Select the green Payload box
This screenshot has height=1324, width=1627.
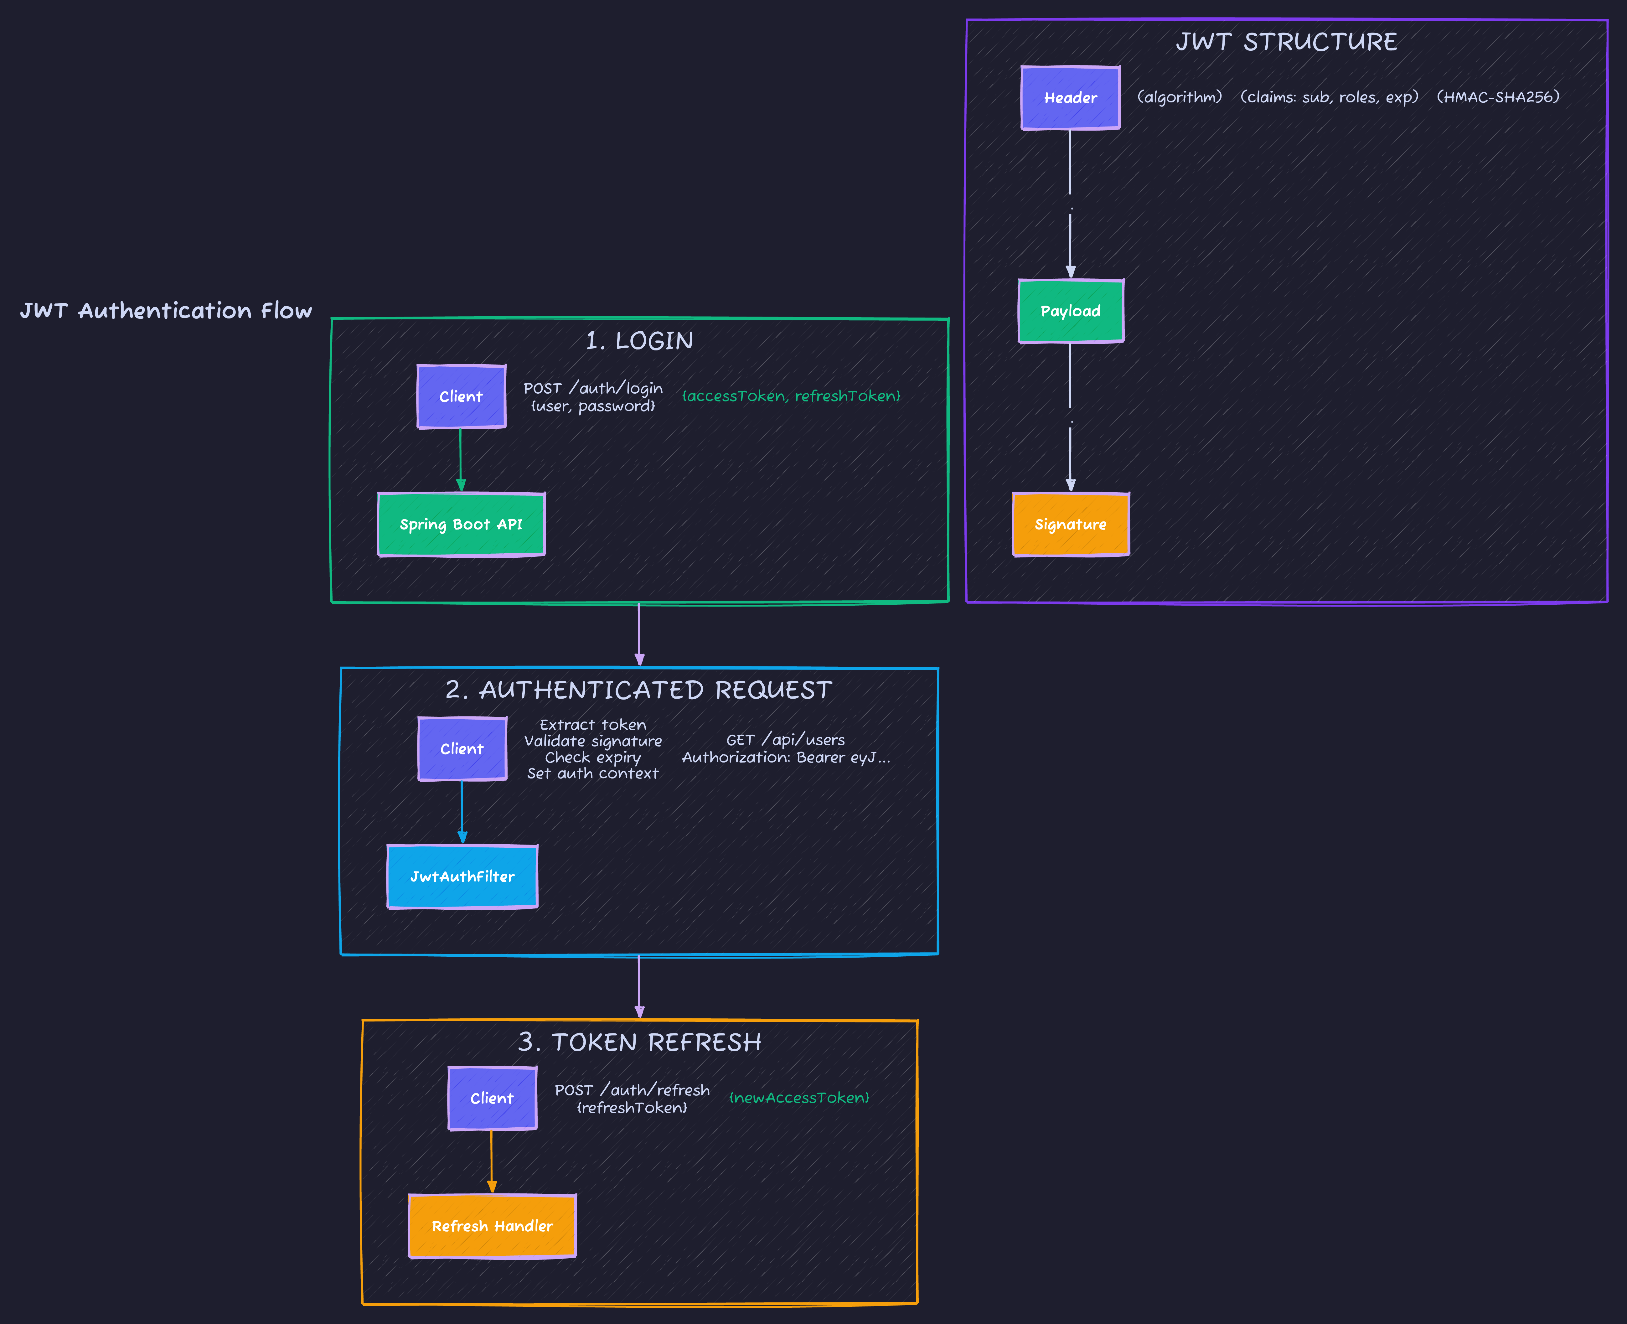coord(1071,311)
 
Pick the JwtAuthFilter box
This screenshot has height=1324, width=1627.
coord(462,876)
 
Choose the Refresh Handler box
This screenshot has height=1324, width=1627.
coord(493,1226)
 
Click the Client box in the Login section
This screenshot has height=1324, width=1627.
coord(461,396)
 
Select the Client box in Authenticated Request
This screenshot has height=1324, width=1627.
coord(462,749)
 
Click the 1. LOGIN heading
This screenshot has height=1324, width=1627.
coord(639,341)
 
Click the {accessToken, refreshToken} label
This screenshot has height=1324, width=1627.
coord(791,396)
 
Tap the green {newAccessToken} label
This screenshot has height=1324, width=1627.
coord(798,1098)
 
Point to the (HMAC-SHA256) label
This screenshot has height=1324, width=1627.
coord(1497,97)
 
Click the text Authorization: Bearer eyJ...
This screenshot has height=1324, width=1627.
coord(785,757)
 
